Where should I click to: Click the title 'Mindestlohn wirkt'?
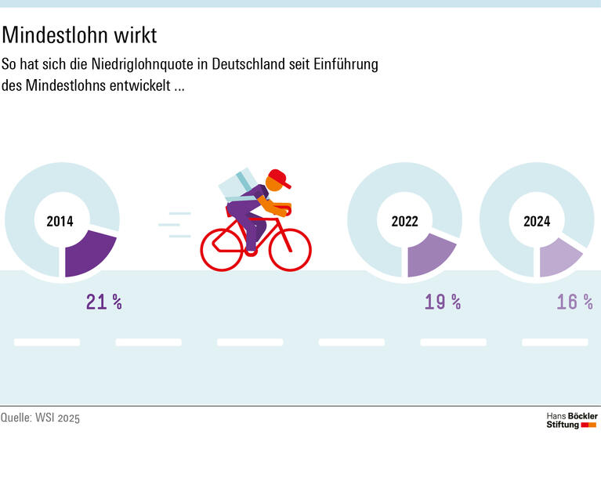tap(79, 36)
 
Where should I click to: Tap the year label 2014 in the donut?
tap(60, 222)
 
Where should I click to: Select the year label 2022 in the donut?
tap(404, 222)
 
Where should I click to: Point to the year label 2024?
tap(537, 222)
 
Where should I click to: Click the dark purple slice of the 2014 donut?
tap(87, 252)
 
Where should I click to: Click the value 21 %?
tap(103, 302)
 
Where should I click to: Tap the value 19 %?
tap(443, 302)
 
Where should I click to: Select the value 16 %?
tap(574, 302)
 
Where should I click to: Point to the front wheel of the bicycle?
tap(290, 248)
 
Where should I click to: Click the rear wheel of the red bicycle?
tap(222, 249)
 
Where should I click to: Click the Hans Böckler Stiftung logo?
tap(571, 420)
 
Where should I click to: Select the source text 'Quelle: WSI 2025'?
tap(40, 418)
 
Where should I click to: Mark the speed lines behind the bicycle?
tap(176, 224)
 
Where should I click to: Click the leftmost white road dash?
tap(47, 342)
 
